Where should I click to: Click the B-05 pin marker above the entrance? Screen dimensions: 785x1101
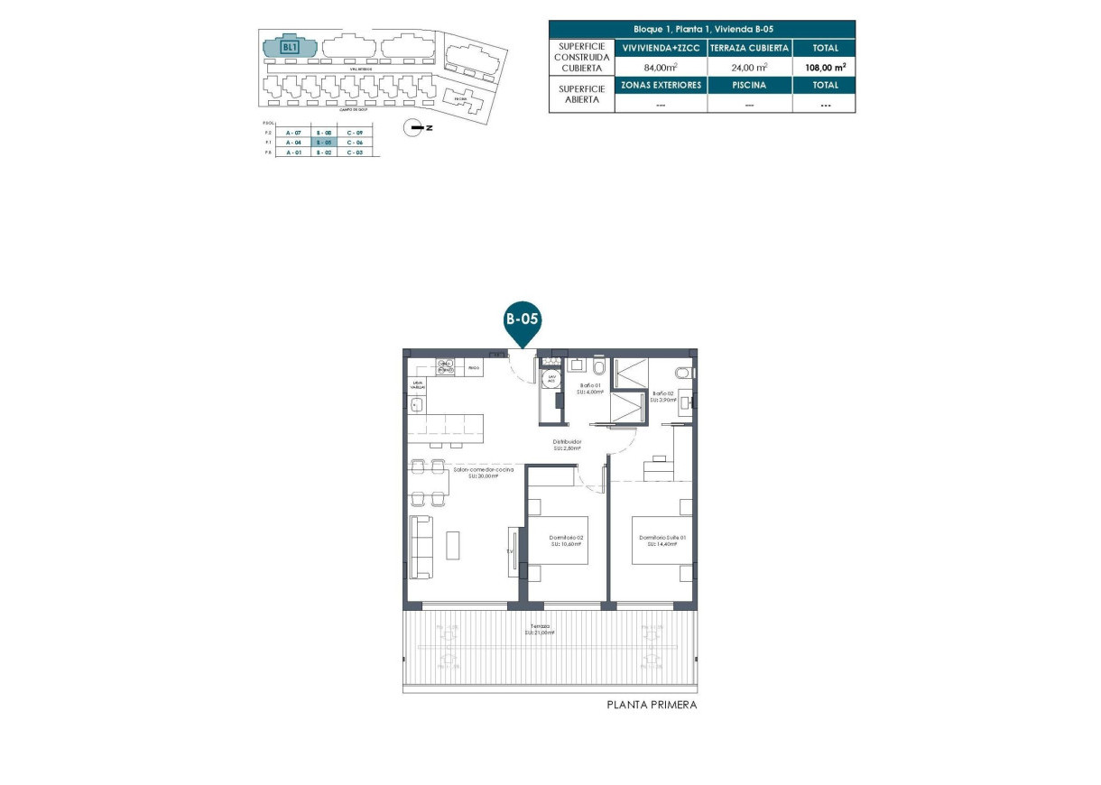(x=522, y=319)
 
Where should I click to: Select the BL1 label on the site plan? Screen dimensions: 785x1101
(x=290, y=47)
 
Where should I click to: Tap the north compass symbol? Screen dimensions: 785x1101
(x=416, y=128)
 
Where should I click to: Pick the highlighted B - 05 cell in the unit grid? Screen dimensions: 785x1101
(x=324, y=143)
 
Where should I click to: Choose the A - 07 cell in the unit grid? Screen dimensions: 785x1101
(x=292, y=133)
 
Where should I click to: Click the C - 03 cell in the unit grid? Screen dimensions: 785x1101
(x=355, y=152)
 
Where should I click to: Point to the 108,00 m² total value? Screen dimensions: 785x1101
(x=824, y=67)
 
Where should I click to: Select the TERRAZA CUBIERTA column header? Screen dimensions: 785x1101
(x=749, y=48)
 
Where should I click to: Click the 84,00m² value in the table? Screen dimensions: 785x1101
(x=661, y=67)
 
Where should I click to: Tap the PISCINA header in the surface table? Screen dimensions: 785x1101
(x=749, y=85)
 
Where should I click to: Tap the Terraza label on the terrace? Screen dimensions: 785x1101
(x=541, y=628)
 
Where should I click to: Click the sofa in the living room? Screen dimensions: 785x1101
(x=421, y=546)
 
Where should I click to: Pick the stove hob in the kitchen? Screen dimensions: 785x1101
(x=445, y=366)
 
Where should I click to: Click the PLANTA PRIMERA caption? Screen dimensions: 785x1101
(x=652, y=705)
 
